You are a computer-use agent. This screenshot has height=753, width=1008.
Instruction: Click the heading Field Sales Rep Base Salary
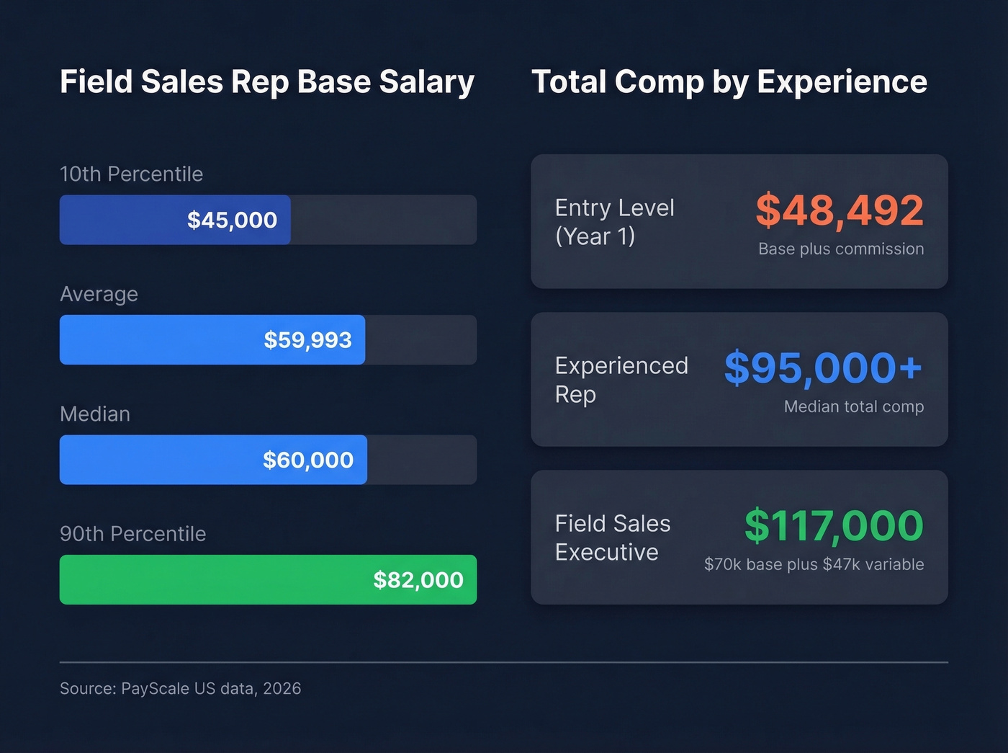pos(267,82)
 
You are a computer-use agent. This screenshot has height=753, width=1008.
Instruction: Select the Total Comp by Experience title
pos(729,82)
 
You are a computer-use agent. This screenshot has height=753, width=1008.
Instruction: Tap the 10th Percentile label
pos(131,174)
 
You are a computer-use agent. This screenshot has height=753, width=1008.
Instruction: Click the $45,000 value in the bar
pos(232,220)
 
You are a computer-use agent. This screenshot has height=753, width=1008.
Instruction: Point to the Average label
pos(99,294)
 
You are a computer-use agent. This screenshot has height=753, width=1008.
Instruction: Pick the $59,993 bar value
pos(307,340)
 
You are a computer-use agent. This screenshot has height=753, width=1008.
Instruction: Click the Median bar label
pos(95,414)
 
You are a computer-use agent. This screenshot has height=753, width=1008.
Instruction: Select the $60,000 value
pos(307,460)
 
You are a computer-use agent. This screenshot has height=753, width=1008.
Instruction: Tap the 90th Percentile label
pos(132,534)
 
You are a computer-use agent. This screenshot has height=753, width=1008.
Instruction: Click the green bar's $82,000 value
pos(418,580)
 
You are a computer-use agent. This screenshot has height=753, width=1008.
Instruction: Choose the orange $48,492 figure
pos(840,210)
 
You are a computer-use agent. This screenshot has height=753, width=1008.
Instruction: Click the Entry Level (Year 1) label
pos(614,222)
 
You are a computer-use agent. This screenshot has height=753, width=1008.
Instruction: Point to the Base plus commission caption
pos(841,249)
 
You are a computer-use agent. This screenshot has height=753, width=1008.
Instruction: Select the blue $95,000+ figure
pos(823,368)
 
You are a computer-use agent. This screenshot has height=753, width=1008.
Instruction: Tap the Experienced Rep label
pos(621,380)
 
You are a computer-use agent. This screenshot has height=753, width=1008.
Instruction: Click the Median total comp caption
pos(853,407)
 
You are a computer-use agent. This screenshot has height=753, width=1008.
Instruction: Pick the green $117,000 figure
pos(834,526)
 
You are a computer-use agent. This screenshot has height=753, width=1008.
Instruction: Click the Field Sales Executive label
pos(612,538)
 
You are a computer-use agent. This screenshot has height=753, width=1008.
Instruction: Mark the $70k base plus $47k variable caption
pos(814,565)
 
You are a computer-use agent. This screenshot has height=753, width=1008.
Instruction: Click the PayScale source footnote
pos(180,689)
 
